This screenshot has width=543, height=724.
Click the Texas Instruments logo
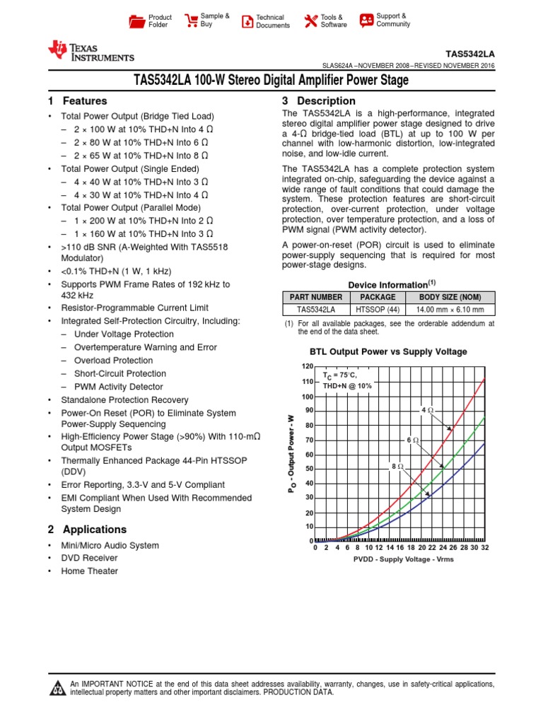90,52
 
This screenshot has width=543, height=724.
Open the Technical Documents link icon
247,21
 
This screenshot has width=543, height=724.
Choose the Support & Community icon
366,20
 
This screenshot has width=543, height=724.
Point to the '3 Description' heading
319,101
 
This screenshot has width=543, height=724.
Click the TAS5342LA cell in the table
315,310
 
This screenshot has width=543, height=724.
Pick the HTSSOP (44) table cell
378,310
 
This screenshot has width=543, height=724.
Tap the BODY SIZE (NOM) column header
449,298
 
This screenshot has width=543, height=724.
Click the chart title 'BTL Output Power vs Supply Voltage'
388,351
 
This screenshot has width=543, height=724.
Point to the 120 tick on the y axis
307,367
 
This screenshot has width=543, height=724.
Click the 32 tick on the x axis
484,548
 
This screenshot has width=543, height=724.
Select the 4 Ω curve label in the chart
427,410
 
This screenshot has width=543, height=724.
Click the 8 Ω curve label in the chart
397,467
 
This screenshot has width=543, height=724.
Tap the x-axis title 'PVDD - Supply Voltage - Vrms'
403,559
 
